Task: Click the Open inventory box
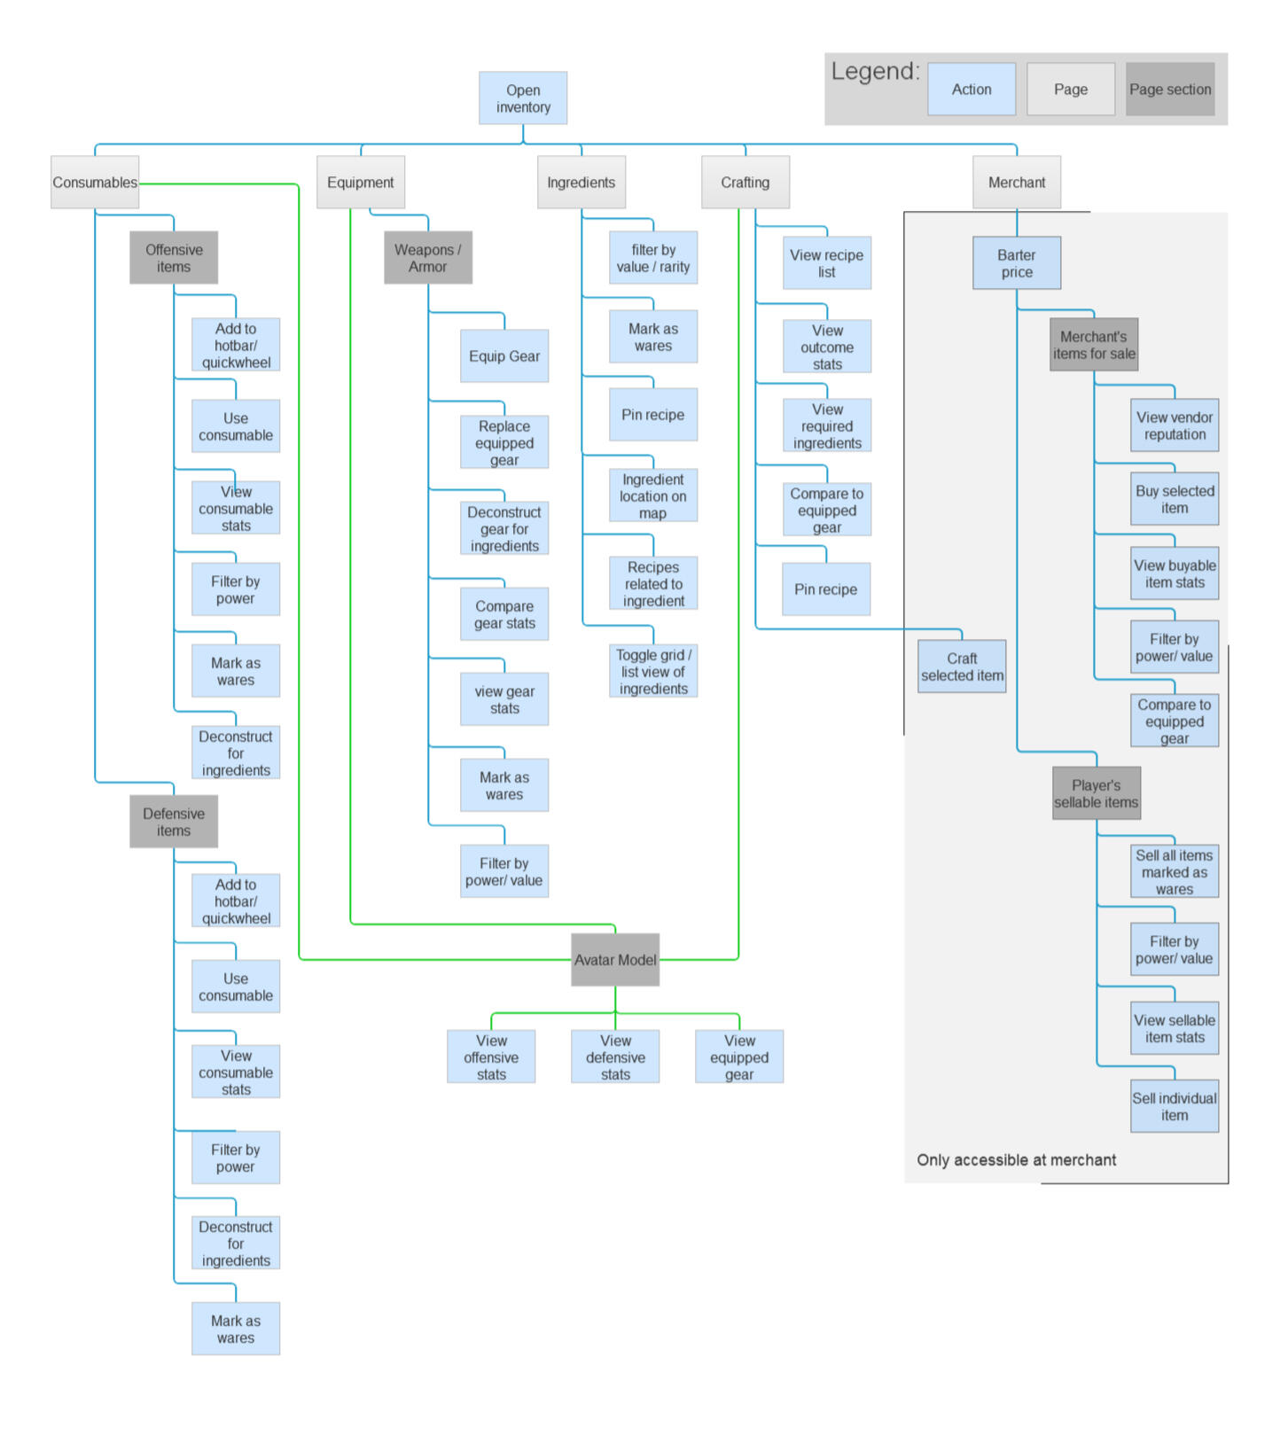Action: pyautogui.click(x=523, y=98)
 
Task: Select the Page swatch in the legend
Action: pyautogui.click(x=1070, y=90)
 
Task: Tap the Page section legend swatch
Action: pyautogui.click(x=1169, y=90)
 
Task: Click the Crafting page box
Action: pyautogui.click(x=745, y=183)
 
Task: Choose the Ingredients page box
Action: pyautogui.click(x=581, y=183)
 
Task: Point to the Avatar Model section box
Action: pyautogui.click(x=615, y=960)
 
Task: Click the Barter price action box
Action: pyautogui.click(x=1016, y=263)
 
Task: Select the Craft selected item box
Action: pyautogui.click(x=962, y=667)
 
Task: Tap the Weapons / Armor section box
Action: pyautogui.click(x=427, y=258)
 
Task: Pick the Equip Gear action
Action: pyautogui.click(x=503, y=356)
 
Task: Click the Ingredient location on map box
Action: pyautogui.click(x=652, y=496)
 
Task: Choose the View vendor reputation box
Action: pyautogui.click(x=1174, y=425)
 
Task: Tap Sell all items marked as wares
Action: pyautogui.click(x=1174, y=872)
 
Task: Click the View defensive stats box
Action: pyautogui.click(x=615, y=1057)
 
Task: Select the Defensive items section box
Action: pyautogui.click(x=174, y=822)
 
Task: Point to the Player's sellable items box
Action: pyautogui.click(x=1096, y=793)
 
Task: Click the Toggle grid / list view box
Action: pyautogui.click(x=652, y=672)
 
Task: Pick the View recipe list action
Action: pyautogui.click(x=826, y=263)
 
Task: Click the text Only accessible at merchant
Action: pyautogui.click(x=1016, y=1160)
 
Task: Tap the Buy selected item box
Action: pyautogui.click(x=1174, y=500)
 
